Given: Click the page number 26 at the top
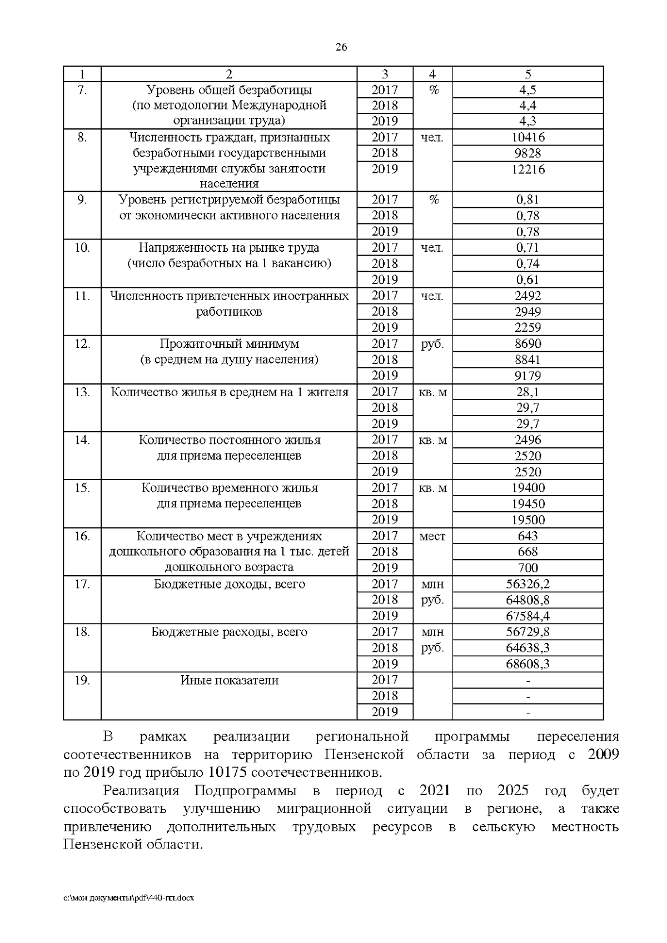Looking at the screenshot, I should click(x=341, y=47).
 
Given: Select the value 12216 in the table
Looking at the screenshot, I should click(x=527, y=169).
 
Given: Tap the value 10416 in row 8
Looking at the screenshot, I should click(x=527, y=137).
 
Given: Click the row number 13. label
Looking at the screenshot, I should click(x=82, y=392).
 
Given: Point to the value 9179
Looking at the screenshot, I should click(x=527, y=376).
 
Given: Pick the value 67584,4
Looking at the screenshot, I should click(x=527, y=616).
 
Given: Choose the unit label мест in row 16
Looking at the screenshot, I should click(x=432, y=536).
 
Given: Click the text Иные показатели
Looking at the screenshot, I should click(x=229, y=680).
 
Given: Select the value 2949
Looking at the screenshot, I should click(x=527, y=312).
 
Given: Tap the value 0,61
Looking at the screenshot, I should click(x=527, y=280).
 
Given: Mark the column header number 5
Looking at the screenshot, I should click(x=527, y=74).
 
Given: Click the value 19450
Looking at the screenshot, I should click(x=527, y=504).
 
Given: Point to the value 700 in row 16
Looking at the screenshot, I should click(x=527, y=568).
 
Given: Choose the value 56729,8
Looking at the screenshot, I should click(x=527, y=632).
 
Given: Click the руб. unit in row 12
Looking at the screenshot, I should click(x=432, y=344).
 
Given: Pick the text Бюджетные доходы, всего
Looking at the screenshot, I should click(x=229, y=584).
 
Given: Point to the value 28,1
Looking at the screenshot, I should click(x=527, y=392).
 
